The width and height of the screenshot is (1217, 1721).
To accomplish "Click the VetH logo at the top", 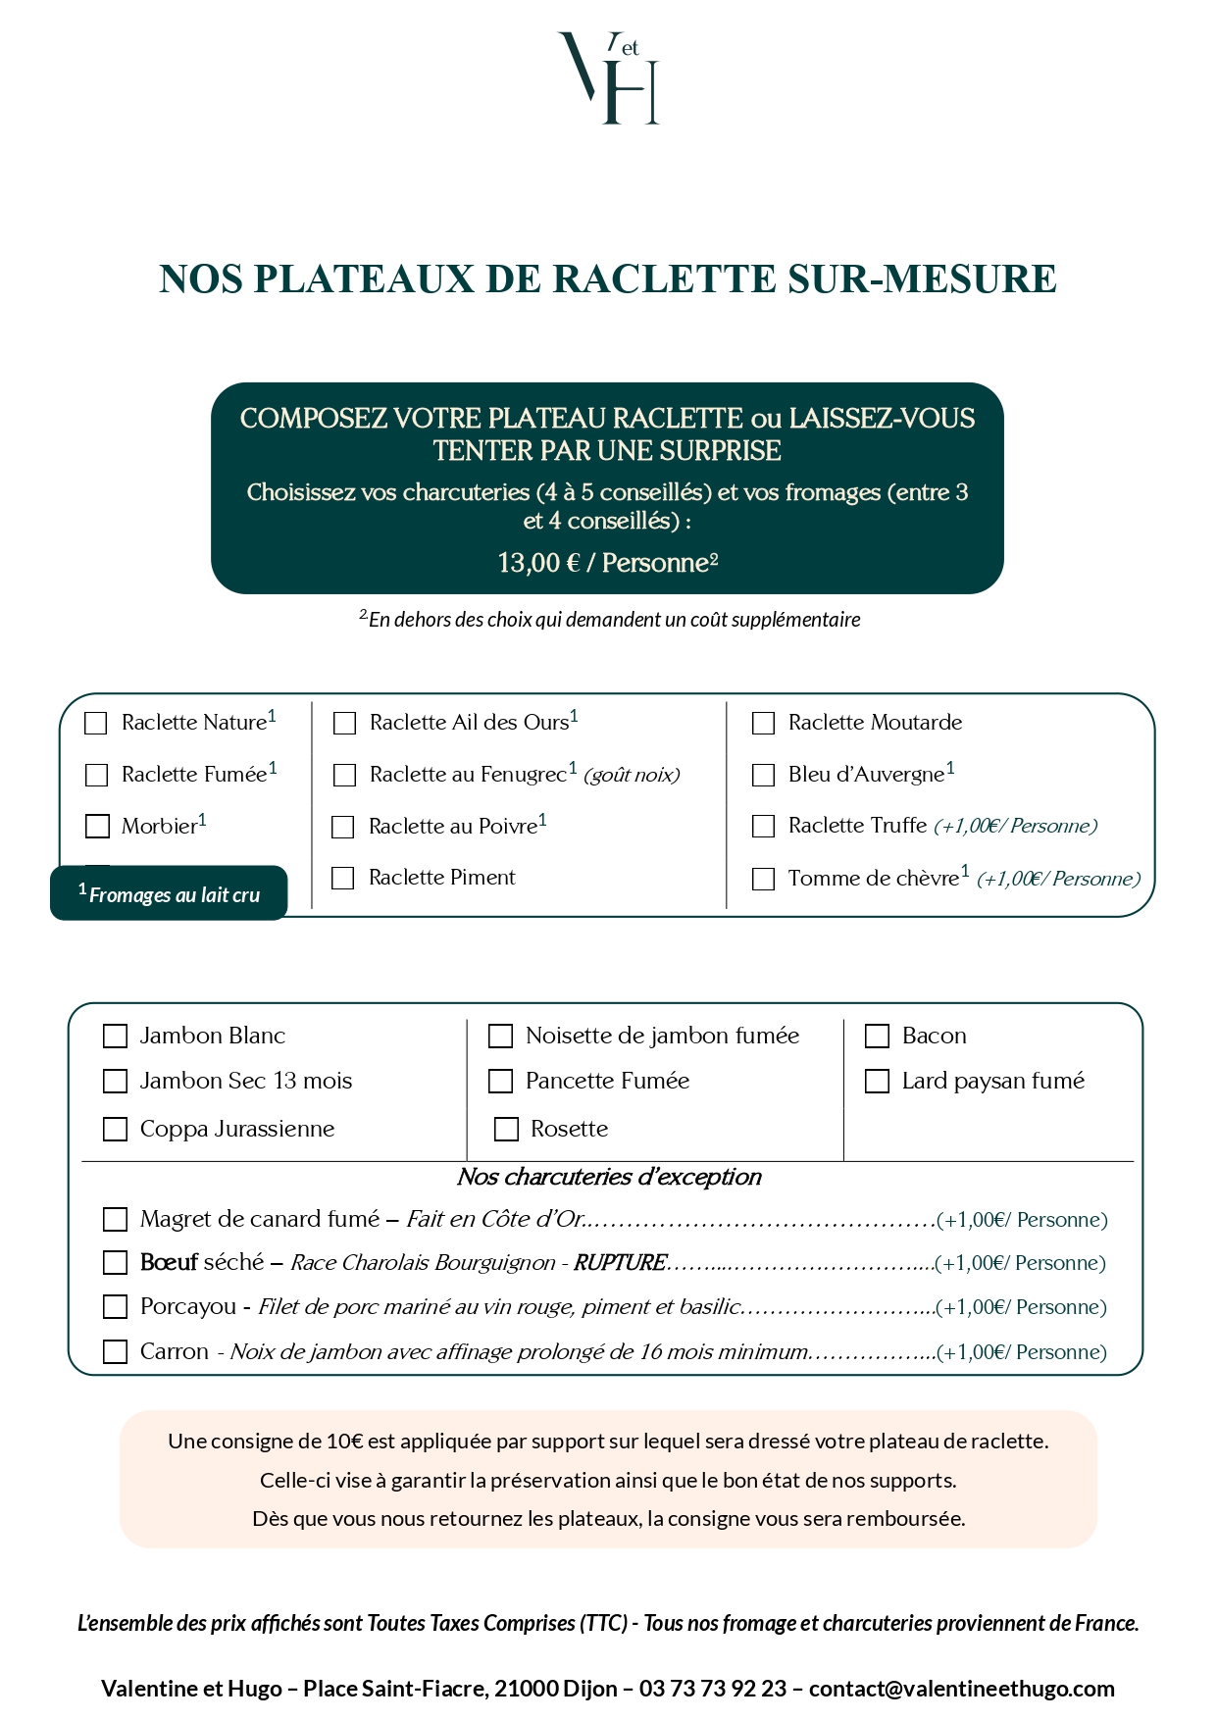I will tap(609, 77).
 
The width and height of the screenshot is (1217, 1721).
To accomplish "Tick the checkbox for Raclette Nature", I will tap(96, 724).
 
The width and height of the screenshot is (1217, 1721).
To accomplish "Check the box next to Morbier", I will tap(97, 827).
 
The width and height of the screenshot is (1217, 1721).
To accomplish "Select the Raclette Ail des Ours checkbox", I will tap(344, 724).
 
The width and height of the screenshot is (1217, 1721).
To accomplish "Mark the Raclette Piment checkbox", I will tap(343, 879).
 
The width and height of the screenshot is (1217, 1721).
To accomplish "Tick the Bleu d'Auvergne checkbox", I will tap(763, 776).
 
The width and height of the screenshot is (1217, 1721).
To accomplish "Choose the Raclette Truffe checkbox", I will tap(763, 827).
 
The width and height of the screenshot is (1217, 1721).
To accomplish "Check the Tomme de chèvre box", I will tap(763, 879).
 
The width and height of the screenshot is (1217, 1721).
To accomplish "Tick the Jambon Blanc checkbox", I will tap(116, 1037).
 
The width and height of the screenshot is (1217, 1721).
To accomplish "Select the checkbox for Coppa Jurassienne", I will tap(116, 1130).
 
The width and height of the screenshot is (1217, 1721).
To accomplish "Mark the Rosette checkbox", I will tap(506, 1130).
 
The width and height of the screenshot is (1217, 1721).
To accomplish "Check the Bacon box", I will tap(877, 1037).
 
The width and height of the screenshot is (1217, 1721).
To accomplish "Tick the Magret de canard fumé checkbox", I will tap(116, 1220).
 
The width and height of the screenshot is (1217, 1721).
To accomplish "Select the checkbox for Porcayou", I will tap(116, 1307).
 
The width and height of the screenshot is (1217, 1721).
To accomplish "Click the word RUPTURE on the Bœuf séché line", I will tap(620, 1263).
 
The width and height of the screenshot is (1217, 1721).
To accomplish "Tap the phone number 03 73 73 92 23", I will tap(713, 1689).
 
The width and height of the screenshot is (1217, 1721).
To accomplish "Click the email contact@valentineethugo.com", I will tap(961, 1689).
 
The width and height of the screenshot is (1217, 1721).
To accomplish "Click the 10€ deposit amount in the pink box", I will tap(344, 1442).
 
